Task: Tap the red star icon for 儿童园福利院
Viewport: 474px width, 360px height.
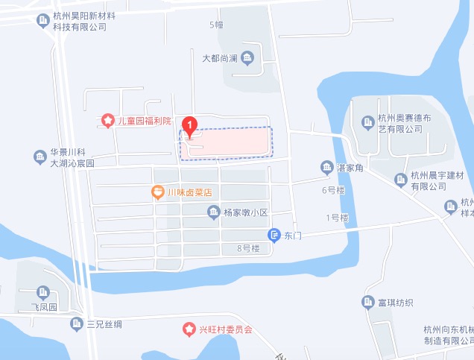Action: coord(108,120)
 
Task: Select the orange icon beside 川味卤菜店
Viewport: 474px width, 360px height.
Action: coord(158,192)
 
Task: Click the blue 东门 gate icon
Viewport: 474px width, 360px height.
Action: coord(274,235)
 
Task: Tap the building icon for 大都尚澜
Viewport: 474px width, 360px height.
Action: coord(247,57)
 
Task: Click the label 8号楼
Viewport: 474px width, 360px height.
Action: coord(248,248)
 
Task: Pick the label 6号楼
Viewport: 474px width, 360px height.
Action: coord(333,190)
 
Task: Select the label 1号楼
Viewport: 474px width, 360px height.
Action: coord(337,218)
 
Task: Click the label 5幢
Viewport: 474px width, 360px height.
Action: coord(216,25)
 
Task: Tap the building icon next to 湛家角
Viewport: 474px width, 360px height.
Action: coord(326,167)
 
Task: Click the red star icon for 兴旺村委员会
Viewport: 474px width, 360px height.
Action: coord(189,329)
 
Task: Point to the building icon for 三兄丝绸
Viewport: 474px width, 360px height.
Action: coord(76,323)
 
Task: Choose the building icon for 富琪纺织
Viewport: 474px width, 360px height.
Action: coord(367,302)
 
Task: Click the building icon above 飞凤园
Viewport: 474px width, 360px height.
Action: coord(42,291)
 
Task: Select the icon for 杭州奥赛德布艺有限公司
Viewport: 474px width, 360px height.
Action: coord(367,122)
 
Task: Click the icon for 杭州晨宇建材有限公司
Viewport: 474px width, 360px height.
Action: coord(400,179)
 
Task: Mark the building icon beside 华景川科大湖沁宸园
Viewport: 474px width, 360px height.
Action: coord(39,157)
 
